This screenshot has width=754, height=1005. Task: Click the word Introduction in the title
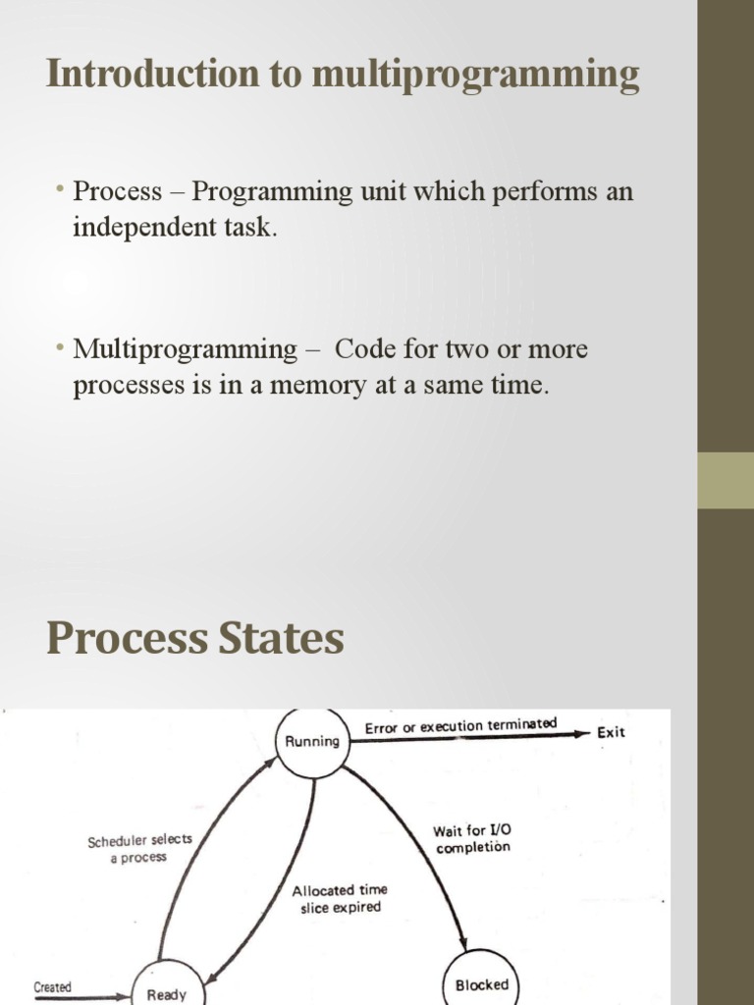click(x=153, y=73)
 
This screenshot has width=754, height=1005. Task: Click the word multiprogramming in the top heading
click(x=475, y=75)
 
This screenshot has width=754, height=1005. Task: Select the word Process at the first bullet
click(x=118, y=191)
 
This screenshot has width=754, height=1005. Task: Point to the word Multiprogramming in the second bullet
click(x=186, y=350)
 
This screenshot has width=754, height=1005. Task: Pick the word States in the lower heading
click(x=281, y=638)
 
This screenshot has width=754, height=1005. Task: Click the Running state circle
click(x=313, y=742)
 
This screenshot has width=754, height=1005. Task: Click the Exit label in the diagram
click(x=611, y=732)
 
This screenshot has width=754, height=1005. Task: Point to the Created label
click(x=53, y=987)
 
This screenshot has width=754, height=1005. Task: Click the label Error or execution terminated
click(x=460, y=726)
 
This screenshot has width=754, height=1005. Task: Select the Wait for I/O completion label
click(x=473, y=839)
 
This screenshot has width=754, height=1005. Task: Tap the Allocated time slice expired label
click(x=340, y=899)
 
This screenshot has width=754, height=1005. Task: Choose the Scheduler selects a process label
click(x=139, y=849)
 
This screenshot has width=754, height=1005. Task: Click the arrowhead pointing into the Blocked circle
click(x=463, y=943)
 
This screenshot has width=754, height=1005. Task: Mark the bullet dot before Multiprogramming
click(x=60, y=347)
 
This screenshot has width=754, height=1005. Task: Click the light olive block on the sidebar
click(x=726, y=481)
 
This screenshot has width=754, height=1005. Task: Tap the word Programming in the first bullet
click(x=273, y=192)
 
